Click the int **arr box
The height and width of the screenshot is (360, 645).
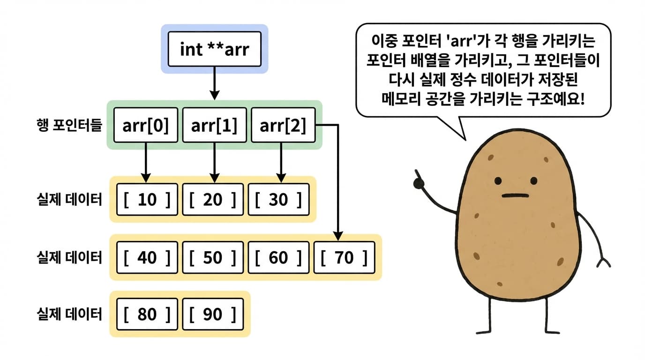pos(214,49)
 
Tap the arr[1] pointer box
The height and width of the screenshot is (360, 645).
pos(214,125)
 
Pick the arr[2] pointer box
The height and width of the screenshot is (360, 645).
pos(283,125)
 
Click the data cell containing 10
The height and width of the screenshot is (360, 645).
pos(147,200)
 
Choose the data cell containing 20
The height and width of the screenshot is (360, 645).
pos(213,200)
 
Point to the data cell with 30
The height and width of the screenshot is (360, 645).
pos(278,200)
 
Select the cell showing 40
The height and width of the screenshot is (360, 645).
pos(147,257)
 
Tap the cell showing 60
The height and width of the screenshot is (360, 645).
pos(278,257)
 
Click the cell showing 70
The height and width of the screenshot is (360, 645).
pos(345,257)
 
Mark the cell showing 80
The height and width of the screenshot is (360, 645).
pos(147,314)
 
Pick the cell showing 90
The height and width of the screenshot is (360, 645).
pos(213,314)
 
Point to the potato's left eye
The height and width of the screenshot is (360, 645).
pos(499,180)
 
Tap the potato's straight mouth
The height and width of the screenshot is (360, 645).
pos(515,195)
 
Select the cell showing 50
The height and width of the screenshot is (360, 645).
pos(213,257)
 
